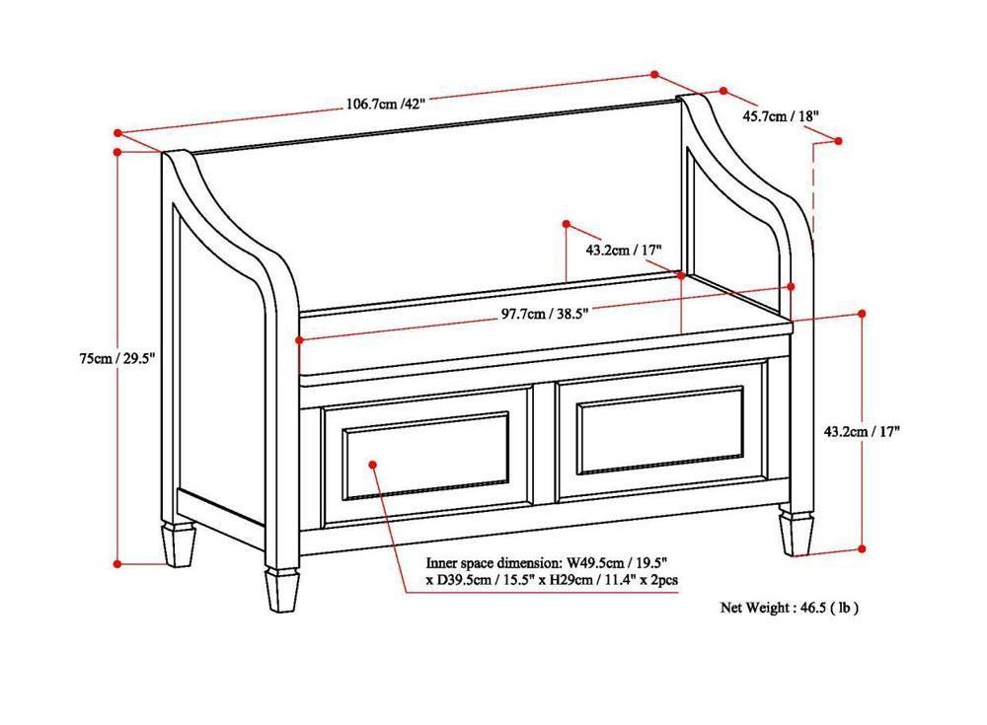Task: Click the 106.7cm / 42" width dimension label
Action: click(385, 104)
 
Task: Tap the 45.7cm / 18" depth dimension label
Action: click(781, 116)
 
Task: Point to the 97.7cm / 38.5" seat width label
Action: click(545, 314)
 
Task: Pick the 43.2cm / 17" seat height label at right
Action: click(834, 430)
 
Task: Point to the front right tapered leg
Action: click(797, 533)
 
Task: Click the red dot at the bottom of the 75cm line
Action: click(117, 563)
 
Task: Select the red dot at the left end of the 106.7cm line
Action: click(117, 131)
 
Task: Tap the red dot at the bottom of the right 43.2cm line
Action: click(862, 548)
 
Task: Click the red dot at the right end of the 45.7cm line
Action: click(838, 141)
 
